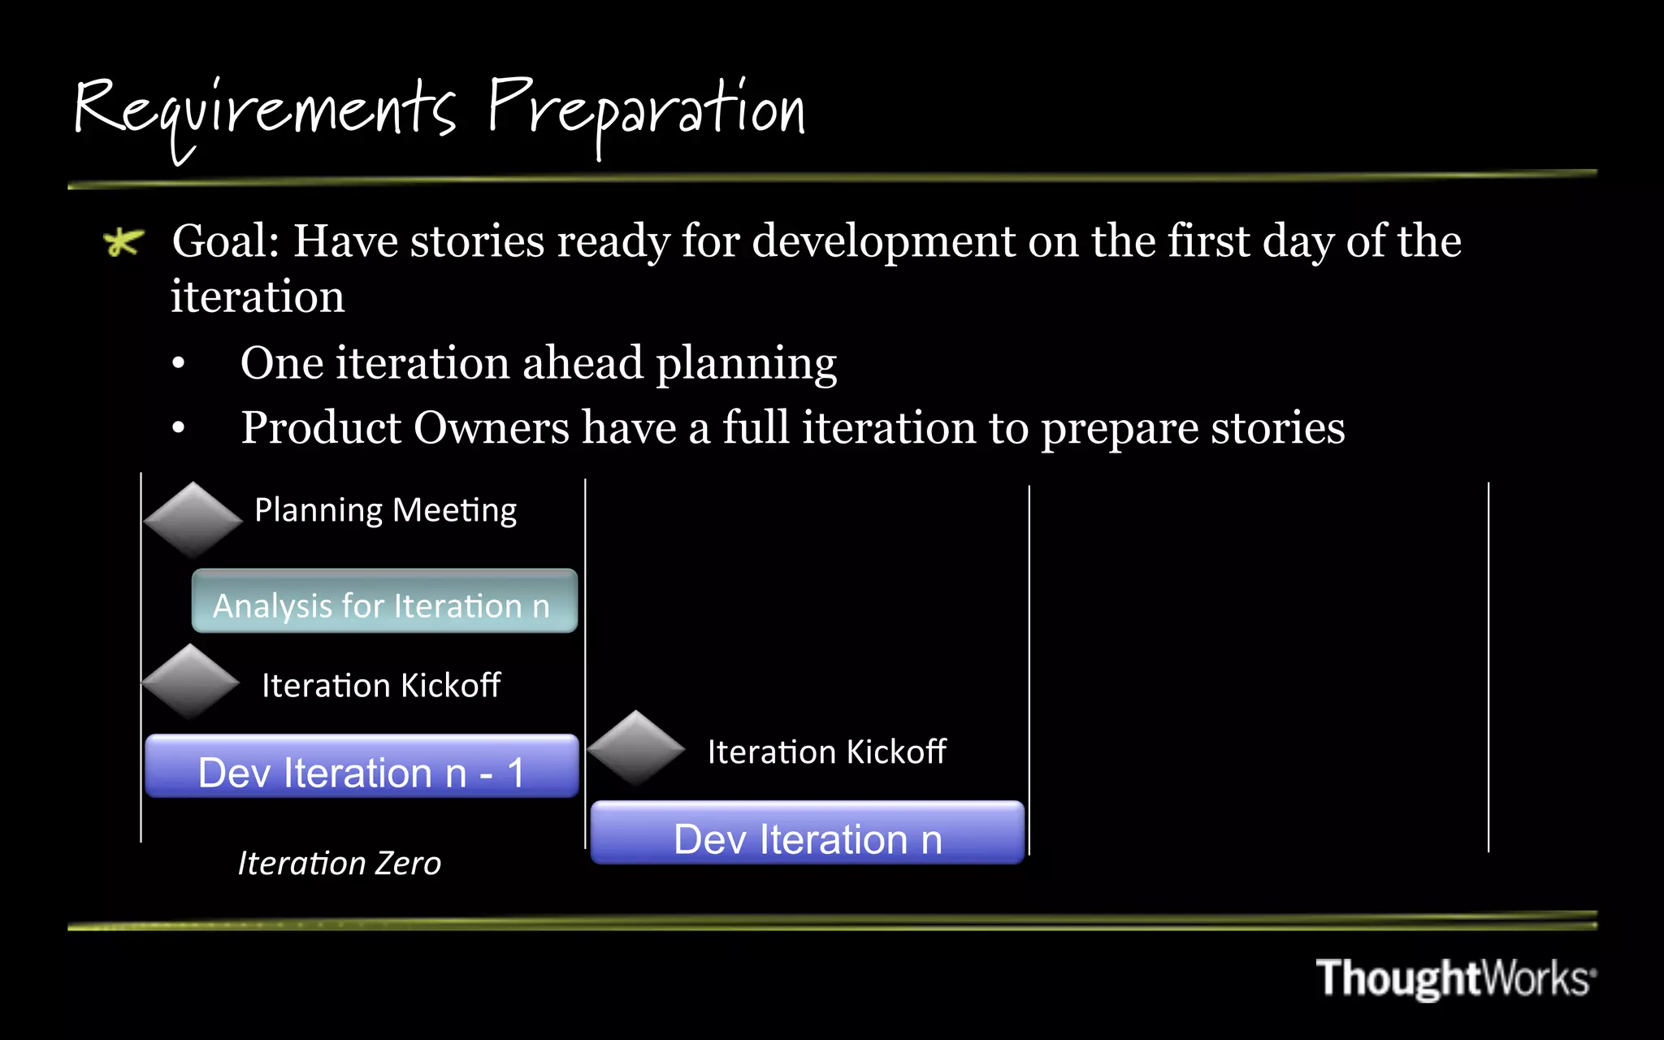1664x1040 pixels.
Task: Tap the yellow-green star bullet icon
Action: [123, 242]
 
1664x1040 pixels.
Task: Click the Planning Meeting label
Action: [385, 510]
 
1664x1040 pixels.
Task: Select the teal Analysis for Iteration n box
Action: [384, 602]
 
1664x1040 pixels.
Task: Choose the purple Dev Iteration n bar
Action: [807, 834]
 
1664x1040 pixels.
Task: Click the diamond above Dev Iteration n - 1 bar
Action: [190, 682]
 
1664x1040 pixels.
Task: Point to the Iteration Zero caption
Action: [339, 864]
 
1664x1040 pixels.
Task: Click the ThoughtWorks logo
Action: [1454, 977]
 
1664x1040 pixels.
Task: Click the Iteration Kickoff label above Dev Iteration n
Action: [826, 752]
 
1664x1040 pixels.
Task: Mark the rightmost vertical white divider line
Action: [1488, 666]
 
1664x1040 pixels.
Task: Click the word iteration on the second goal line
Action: [258, 297]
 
